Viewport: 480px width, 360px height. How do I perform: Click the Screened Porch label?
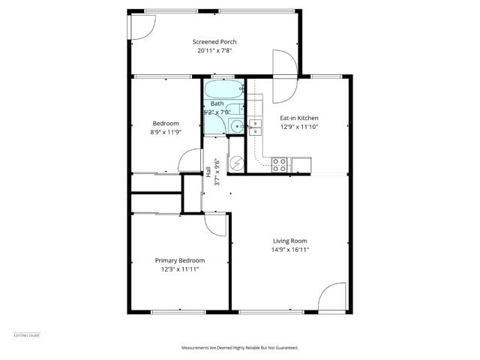click(x=214, y=41)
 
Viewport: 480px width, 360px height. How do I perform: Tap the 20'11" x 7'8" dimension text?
click(x=214, y=51)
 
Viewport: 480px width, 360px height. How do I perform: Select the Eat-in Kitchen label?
click(x=299, y=118)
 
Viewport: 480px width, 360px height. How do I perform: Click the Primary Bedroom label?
click(x=180, y=260)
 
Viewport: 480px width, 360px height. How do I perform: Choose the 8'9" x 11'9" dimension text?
click(x=166, y=132)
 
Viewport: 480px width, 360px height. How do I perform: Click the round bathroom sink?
click(x=237, y=126)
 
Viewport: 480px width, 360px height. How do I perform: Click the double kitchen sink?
click(x=256, y=127)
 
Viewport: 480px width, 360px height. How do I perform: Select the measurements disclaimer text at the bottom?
click(x=240, y=348)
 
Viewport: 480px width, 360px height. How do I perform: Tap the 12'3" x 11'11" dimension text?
click(x=180, y=270)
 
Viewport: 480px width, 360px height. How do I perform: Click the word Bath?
click(x=217, y=103)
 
